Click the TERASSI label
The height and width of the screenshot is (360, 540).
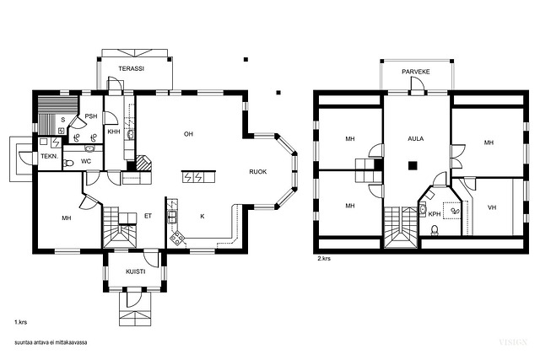tap(132, 68)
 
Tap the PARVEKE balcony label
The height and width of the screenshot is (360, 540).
tap(416, 72)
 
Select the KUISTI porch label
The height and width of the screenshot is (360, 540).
tap(135, 271)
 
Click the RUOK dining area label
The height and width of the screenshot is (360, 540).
tap(258, 172)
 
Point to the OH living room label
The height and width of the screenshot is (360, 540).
tap(188, 134)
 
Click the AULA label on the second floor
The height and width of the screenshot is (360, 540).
tap(416, 139)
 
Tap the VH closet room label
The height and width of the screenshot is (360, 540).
tap(492, 207)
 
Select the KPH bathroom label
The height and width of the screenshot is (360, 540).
tap(435, 214)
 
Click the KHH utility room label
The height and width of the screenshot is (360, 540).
tap(114, 132)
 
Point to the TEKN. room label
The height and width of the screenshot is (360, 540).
tap(50, 156)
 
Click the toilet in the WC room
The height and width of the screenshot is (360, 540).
tap(68, 163)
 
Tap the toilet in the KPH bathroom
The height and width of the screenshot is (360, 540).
tap(435, 230)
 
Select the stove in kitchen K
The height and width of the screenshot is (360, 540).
tap(177, 238)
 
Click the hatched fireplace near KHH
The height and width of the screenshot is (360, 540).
tap(143, 163)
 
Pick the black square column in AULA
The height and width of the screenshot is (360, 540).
tap(413, 166)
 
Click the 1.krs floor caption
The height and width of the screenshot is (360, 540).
tap(20, 323)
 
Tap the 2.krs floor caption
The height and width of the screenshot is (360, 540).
tap(324, 258)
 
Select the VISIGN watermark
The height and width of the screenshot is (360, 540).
tap(513, 341)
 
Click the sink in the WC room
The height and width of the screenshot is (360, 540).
tap(90, 148)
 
